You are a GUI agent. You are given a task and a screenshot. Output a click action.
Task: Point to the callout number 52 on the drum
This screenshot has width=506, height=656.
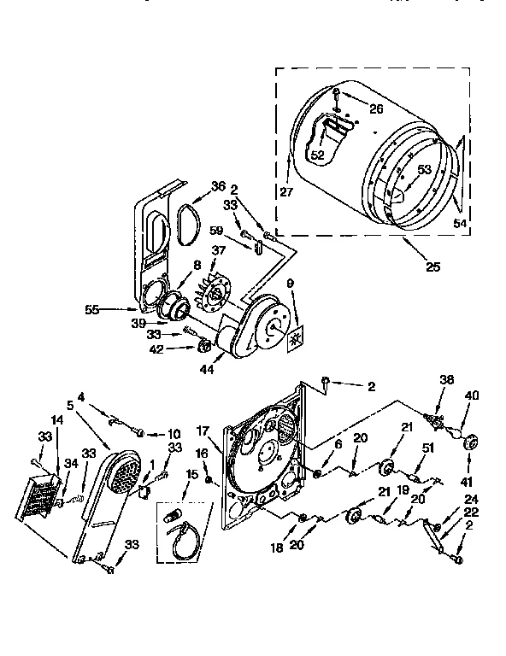317,155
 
